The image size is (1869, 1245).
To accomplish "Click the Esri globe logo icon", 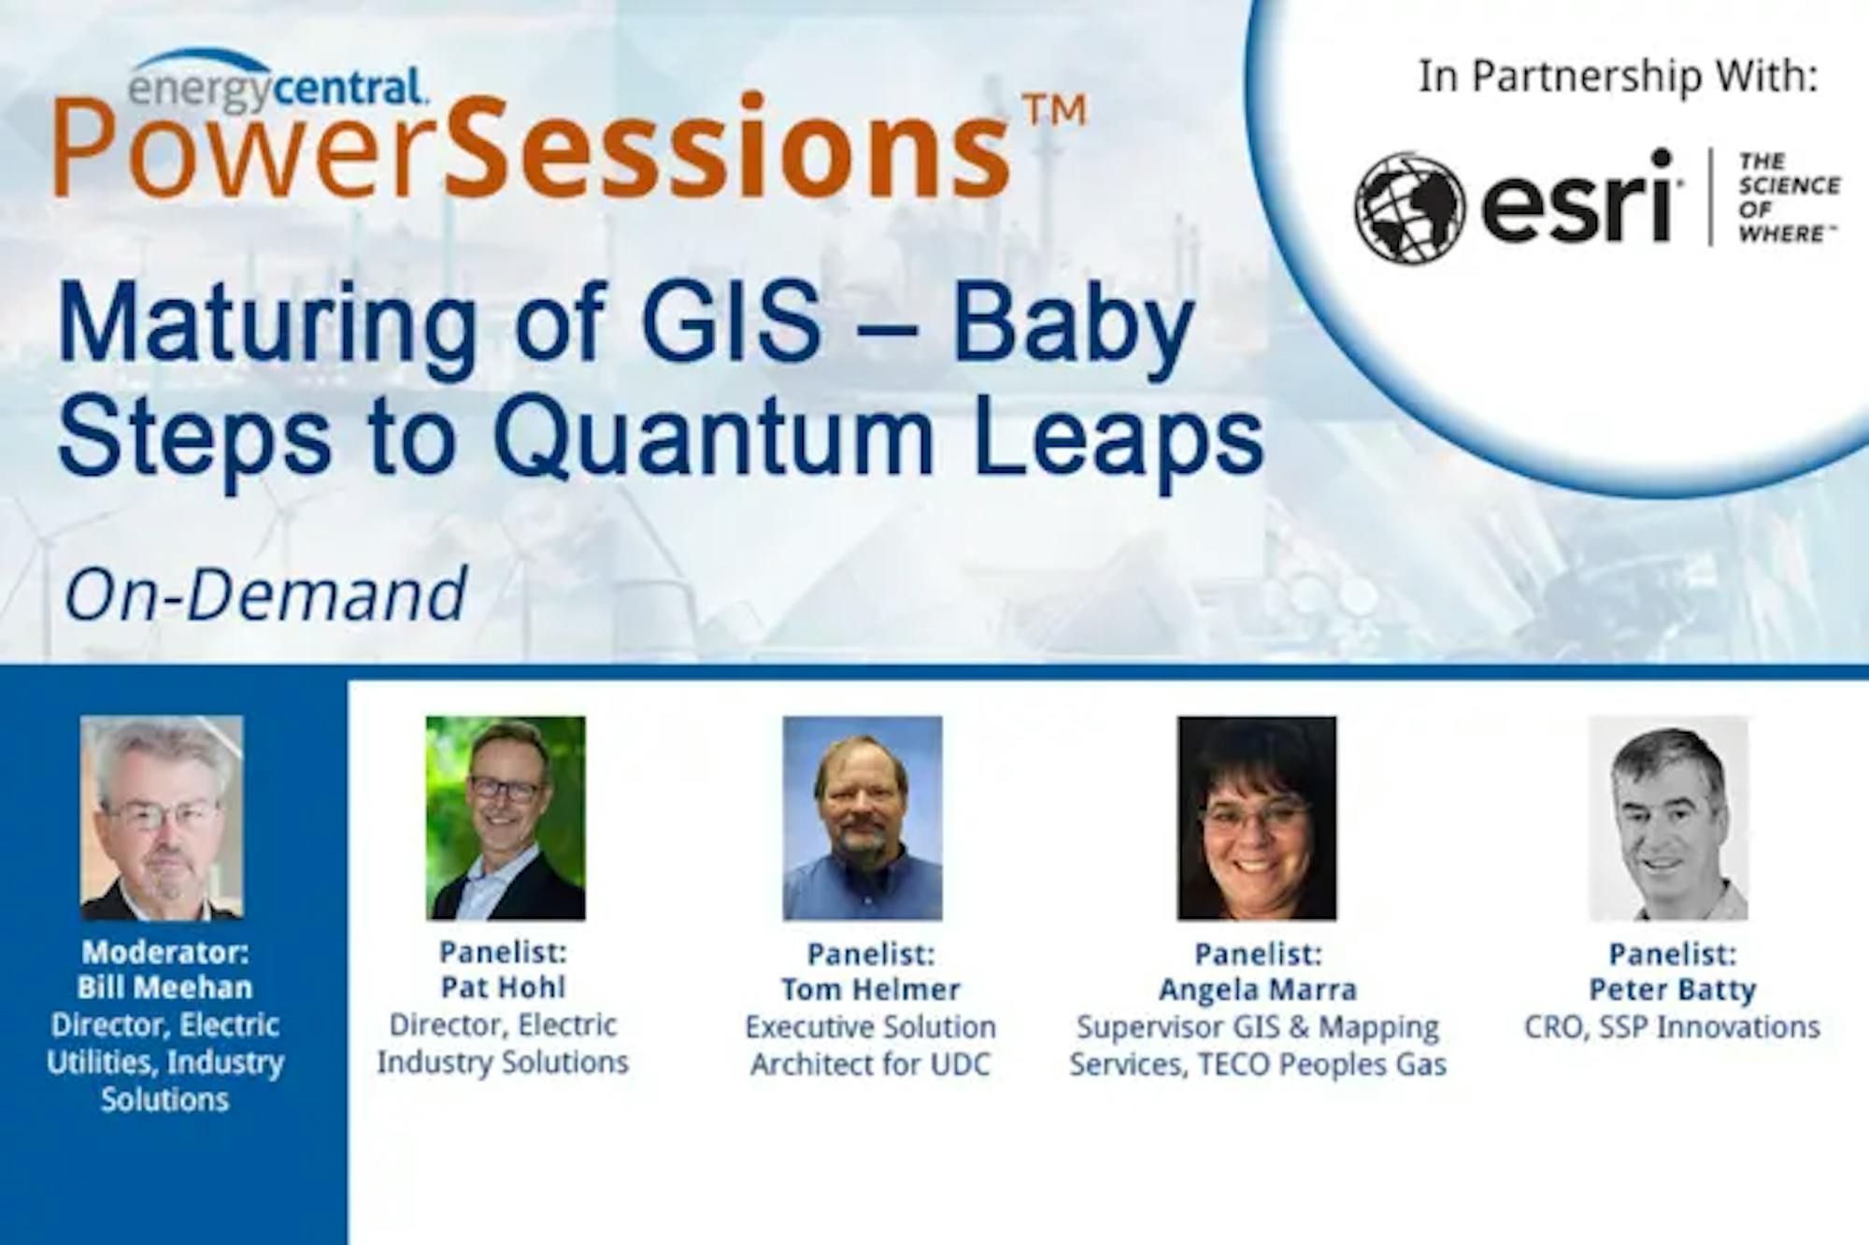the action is click(1409, 207).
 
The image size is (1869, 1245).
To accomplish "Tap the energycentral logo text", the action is click(278, 88).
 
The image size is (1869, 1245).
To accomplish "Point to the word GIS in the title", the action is click(734, 322).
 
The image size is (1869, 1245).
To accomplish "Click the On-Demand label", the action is click(265, 594).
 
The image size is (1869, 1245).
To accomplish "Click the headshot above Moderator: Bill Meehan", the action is click(162, 818).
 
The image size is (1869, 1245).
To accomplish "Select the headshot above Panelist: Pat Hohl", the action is click(506, 818).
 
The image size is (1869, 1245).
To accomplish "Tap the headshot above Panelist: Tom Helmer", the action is click(863, 818).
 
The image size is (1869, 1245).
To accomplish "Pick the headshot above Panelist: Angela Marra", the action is click(1257, 818).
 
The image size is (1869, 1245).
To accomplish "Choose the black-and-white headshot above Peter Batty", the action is click(1669, 818).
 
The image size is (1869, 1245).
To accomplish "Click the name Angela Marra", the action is click(1258, 990).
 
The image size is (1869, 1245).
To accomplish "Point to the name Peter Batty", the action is click(1673, 990).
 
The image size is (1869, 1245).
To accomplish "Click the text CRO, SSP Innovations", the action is click(1673, 1027).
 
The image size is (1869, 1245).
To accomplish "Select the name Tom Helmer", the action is click(871, 990).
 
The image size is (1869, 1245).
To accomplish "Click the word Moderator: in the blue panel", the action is click(165, 952).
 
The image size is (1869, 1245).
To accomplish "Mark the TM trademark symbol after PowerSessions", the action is click(1055, 110).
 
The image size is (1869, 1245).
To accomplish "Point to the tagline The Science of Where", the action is click(1789, 197).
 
